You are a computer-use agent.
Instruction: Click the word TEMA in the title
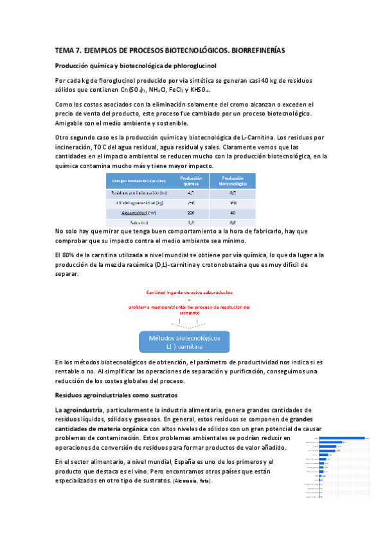click(x=66, y=50)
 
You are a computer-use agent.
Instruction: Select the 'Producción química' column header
click(x=191, y=181)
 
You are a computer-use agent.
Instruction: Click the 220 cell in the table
click(x=191, y=212)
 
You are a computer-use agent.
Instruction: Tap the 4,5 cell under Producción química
click(x=191, y=192)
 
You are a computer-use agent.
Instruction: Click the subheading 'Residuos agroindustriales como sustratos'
click(x=116, y=395)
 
